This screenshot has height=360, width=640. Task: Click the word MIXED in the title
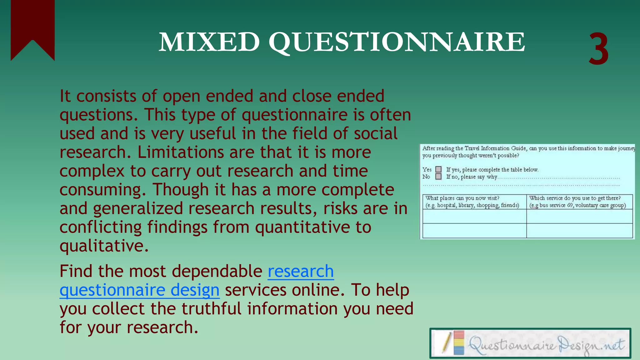(x=209, y=42)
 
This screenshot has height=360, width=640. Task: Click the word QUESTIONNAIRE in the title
(x=396, y=43)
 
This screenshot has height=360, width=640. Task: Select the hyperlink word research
(x=301, y=271)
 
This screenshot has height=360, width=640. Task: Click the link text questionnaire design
(x=139, y=290)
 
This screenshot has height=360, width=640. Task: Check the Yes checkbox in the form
(x=438, y=169)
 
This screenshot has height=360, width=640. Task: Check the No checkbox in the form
(x=438, y=177)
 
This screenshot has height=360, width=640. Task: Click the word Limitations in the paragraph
(x=181, y=152)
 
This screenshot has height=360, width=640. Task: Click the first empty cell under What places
(x=474, y=216)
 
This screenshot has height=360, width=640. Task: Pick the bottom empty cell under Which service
(x=579, y=231)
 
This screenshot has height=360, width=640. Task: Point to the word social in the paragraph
(x=376, y=133)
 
